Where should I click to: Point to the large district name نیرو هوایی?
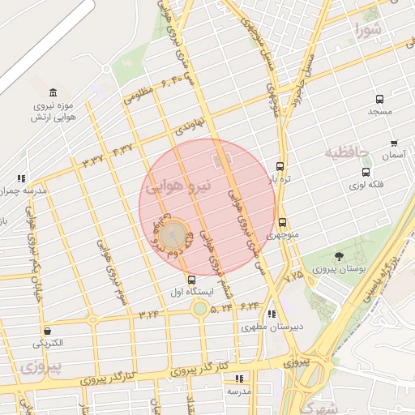[178, 186]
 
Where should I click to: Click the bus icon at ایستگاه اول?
[190, 279]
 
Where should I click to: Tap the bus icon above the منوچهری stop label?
[282, 222]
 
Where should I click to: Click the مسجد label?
[379, 110]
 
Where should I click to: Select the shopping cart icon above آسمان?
[395, 143]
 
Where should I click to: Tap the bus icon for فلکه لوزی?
[366, 172]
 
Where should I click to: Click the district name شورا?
[367, 32]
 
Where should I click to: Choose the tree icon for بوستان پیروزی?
[338, 256]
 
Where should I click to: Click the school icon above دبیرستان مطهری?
[272, 314]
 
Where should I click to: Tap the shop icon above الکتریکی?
[48, 331]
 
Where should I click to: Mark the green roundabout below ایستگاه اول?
[199, 308]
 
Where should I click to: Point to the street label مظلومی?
[139, 96]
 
